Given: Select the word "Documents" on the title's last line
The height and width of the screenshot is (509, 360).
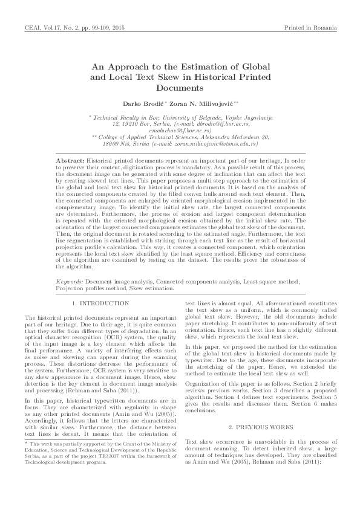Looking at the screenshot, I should [180, 88].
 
